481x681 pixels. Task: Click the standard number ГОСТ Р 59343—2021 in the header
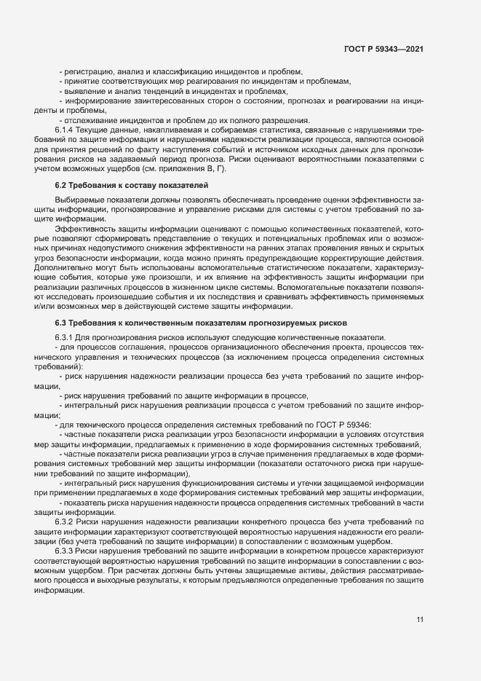(383, 49)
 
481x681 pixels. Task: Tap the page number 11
(420, 620)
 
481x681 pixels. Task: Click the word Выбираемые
(78, 200)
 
